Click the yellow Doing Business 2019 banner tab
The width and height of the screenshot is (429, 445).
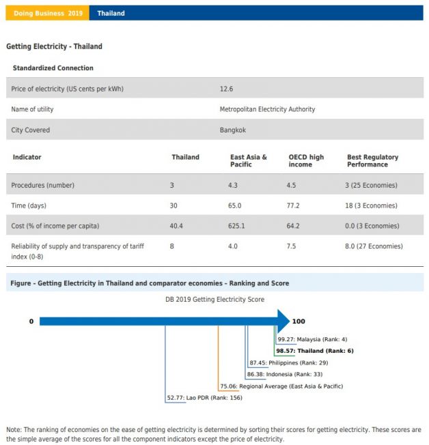click(48, 13)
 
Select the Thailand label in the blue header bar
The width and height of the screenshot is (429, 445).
click(111, 13)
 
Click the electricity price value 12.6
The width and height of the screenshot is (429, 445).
click(226, 89)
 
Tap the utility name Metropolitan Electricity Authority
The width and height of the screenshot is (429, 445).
click(267, 109)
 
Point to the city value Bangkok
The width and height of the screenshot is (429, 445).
click(232, 130)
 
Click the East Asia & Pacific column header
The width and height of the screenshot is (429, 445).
click(249, 160)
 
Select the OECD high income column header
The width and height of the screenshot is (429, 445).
click(306, 160)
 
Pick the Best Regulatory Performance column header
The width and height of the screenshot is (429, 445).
click(372, 160)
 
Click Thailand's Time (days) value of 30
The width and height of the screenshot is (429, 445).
click(174, 205)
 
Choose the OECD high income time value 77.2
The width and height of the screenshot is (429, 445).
click(296, 205)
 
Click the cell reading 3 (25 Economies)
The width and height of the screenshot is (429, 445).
click(372, 185)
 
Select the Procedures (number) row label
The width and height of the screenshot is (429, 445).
click(42, 185)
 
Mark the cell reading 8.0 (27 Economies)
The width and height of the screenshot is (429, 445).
click(375, 246)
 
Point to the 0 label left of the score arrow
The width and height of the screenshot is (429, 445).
click(31, 321)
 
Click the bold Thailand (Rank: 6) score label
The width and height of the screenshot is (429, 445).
click(314, 351)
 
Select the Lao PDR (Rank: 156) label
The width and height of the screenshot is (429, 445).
click(204, 398)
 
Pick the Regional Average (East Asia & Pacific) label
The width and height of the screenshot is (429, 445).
click(281, 386)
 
